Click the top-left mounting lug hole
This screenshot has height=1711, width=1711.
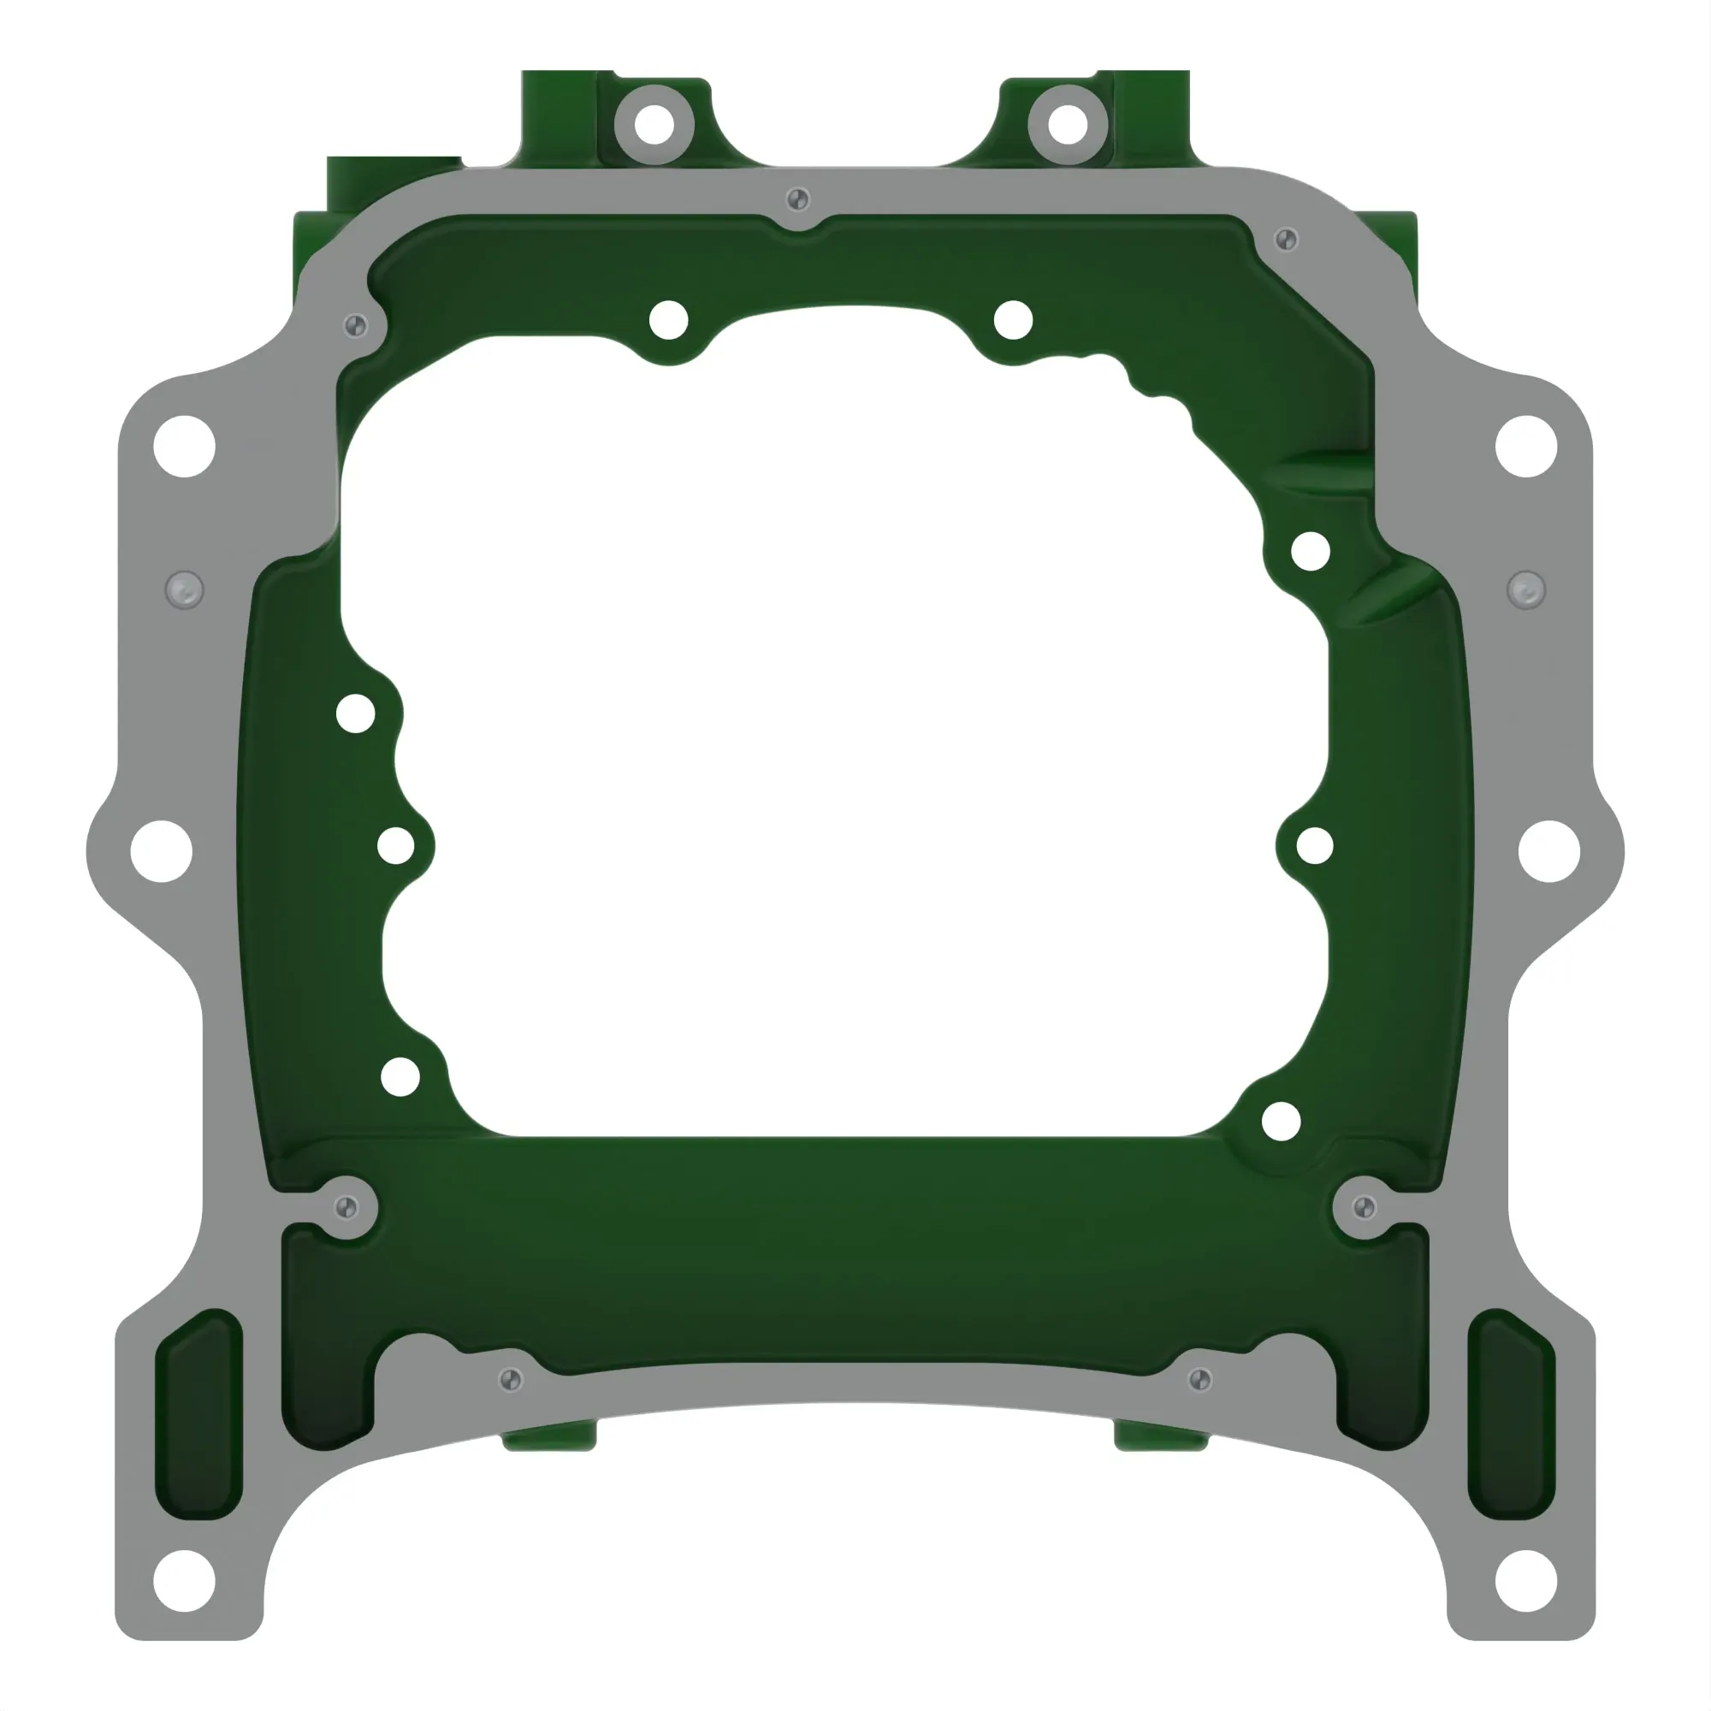coord(654,124)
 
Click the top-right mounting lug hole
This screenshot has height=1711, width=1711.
coord(1067,124)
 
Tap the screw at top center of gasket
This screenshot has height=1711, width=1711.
coord(797,198)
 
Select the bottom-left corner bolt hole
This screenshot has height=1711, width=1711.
coord(184,1581)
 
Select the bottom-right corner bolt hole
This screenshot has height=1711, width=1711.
coord(1526,1581)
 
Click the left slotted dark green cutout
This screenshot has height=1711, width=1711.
coord(198,1414)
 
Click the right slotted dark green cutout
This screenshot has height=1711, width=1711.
coord(1511,1414)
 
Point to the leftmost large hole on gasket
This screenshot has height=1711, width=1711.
coord(161,851)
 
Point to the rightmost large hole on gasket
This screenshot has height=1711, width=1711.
coord(1548,851)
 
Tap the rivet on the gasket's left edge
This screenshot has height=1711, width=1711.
coord(184,589)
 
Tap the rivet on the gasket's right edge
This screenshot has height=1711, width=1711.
coord(1526,589)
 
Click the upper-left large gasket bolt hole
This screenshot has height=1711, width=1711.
coord(184,446)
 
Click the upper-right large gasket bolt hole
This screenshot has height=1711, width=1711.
coord(1526,446)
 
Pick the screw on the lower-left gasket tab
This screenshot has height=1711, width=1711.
coord(346,1207)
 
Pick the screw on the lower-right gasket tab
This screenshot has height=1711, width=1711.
coord(1365,1207)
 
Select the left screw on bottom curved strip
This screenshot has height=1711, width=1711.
coord(511,1379)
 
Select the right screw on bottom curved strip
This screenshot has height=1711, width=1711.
coord(1200,1379)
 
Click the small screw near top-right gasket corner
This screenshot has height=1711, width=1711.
coord(1286,240)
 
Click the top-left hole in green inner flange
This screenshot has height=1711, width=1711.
coord(669,320)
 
